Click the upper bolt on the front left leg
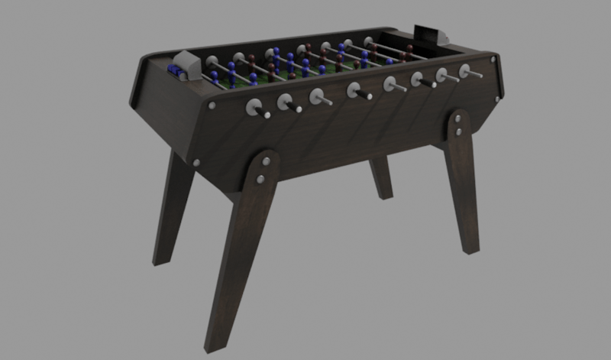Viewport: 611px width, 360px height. [265, 162]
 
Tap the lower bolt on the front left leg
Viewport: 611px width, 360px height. [260, 179]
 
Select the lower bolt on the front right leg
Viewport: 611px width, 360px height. [457, 132]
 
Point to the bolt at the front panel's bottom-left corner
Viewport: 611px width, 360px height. [198, 162]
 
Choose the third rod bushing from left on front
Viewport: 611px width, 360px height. [317, 96]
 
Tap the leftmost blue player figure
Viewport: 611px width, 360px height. [215, 77]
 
